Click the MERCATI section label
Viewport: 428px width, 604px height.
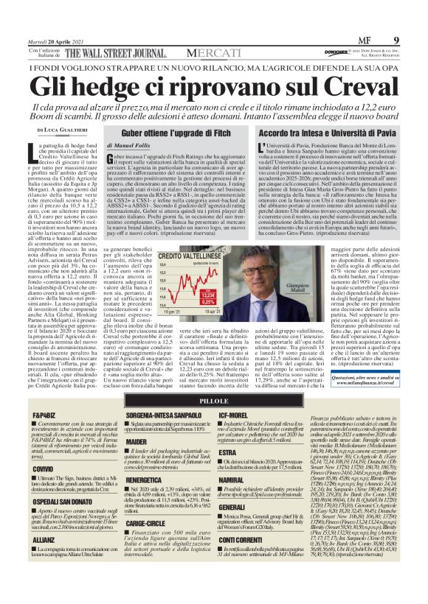tap(213, 53)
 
